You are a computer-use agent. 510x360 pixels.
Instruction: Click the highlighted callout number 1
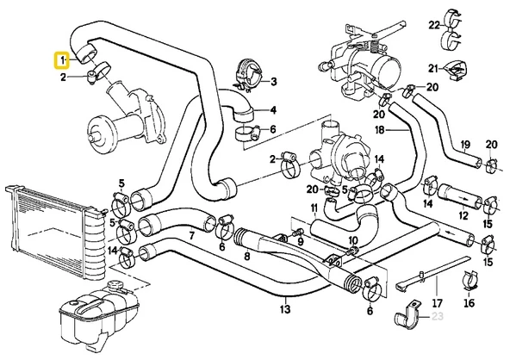[x=61, y=60]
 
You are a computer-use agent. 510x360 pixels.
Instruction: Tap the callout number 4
[x=273, y=109]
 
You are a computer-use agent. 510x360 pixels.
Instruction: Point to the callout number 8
[x=247, y=256]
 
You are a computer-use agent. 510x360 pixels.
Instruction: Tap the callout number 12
[x=463, y=214]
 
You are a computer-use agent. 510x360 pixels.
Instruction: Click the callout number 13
[x=284, y=307]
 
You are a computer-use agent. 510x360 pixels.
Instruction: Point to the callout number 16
[x=469, y=303]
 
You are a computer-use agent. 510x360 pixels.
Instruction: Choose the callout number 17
[x=436, y=303]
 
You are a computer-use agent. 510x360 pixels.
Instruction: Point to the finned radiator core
[x=52, y=224]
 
